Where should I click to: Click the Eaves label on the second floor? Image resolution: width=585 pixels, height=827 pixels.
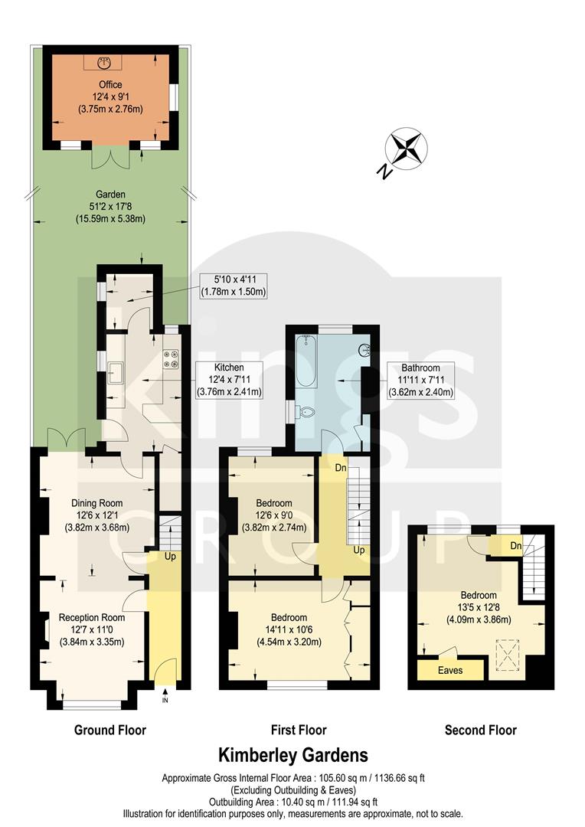(x=450, y=670)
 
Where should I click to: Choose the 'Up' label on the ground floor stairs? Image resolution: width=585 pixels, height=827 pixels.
(x=170, y=556)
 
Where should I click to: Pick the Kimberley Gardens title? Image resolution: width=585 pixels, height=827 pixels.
(x=293, y=756)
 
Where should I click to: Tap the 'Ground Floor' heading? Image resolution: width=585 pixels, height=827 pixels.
(x=109, y=730)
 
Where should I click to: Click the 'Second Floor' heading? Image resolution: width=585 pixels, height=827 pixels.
(x=480, y=730)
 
